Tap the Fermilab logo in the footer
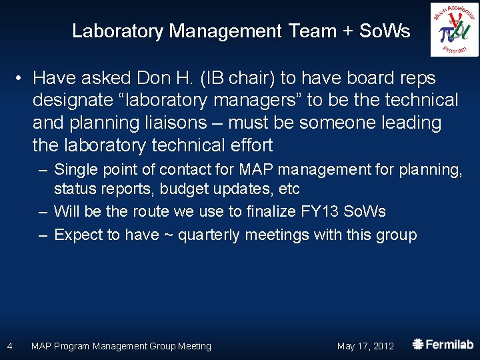[x=443, y=345]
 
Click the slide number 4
[x=9, y=346]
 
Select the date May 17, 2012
[x=365, y=346]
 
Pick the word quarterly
[x=217, y=235]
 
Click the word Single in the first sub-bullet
[x=75, y=170]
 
